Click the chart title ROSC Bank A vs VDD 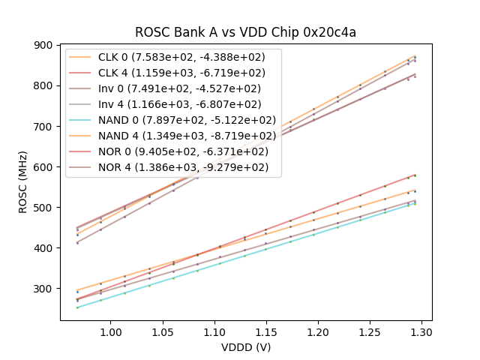(x=245, y=32)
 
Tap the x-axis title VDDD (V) (x=245, y=347)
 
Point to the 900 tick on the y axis (x=44, y=45)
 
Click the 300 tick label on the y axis (x=44, y=289)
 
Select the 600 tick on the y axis (x=44, y=166)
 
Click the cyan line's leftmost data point (x=77, y=307)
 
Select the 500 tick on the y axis (x=44, y=208)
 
